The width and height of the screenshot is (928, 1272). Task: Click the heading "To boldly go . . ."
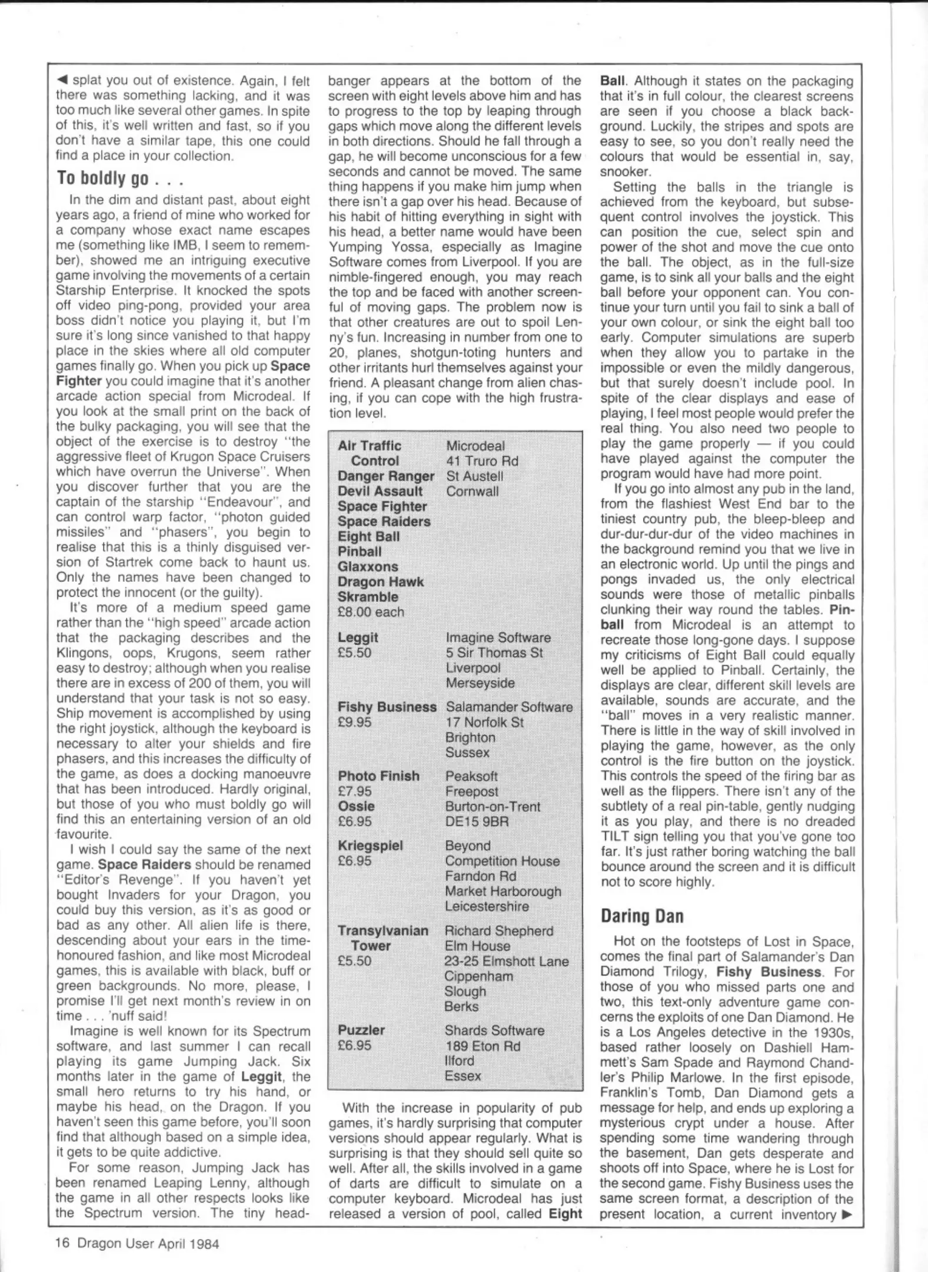coord(120,178)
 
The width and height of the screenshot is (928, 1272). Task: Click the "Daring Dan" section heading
coord(642,916)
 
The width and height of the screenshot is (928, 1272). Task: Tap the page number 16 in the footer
coord(62,1243)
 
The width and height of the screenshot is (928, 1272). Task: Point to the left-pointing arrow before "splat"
coord(61,80)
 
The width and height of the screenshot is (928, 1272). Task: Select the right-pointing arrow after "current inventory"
coord(847,1214)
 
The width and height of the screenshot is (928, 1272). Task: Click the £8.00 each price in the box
coord(371,612)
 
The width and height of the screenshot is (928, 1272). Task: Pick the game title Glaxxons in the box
coord(368,567)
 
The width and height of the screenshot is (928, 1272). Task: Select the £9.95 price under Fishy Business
coord(354,723)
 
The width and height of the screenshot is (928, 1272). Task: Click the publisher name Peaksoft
coord(471,776)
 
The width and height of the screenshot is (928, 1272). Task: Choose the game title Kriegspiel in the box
coord(370,846)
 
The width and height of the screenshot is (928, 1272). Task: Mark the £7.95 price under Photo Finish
coord(354,791)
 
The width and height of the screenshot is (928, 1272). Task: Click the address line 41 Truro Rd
coord(482,461)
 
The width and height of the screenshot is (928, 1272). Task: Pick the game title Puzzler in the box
coord(361,1030)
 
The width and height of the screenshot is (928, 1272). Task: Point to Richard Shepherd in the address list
coord(499,931)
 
